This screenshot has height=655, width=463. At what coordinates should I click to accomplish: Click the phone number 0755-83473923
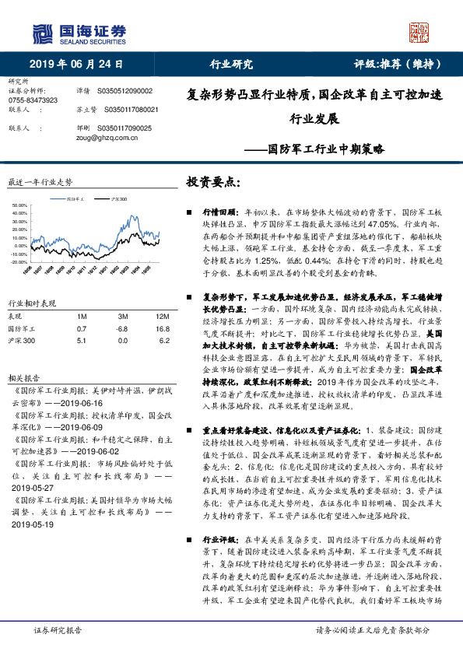32,100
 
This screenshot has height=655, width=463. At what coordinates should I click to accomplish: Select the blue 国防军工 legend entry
74,200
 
